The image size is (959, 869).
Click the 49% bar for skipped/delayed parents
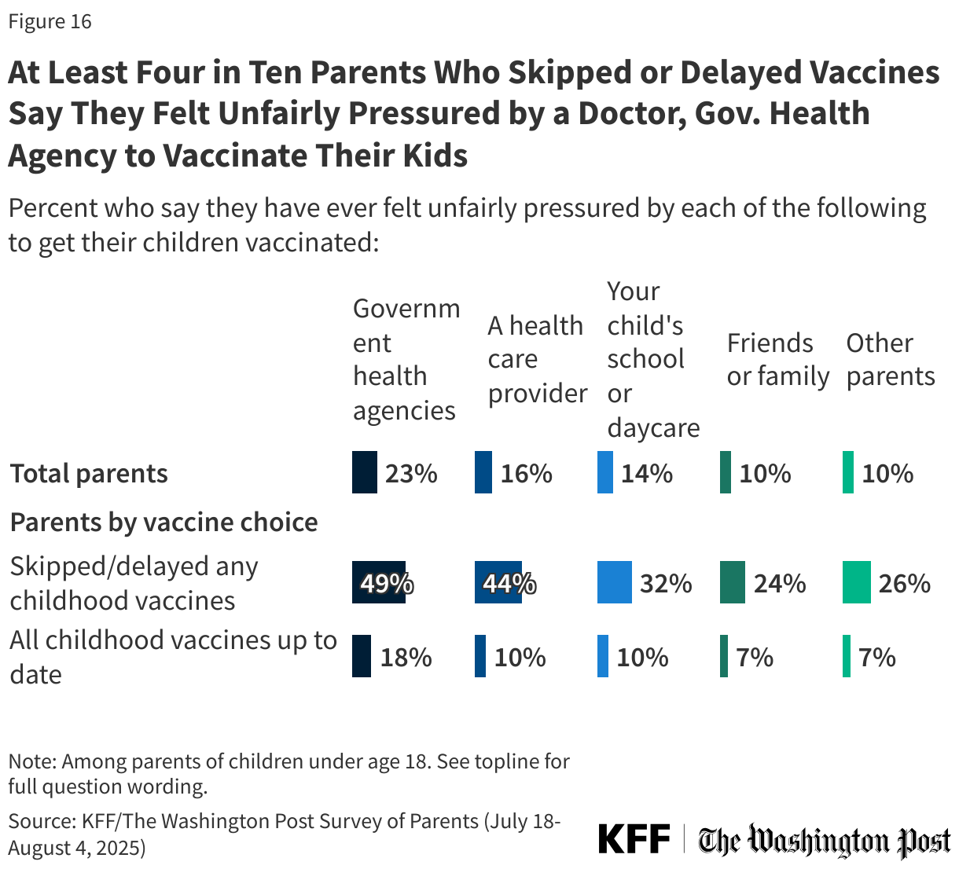pyautogui.click(x=379, y=583)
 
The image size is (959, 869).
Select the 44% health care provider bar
pyautogui.click(x=498, y=583)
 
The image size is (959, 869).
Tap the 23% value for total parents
pyautogui.click(x=411, y=473)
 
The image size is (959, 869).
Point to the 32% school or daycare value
pyautogui.click(x=666, y=583)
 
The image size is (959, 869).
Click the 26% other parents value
pyautogui.click(x=905, y=583)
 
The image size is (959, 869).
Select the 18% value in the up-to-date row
pyautogui.click(x=406, y=657)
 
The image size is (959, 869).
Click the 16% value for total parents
pyautogui.click(x=527, y=473)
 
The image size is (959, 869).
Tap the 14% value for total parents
pyautogui.click(x=647, y=473)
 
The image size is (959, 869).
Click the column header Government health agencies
pyautogui.click(x=406, y=359)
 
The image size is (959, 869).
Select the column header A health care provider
pyautogui.click(x=537, y=359)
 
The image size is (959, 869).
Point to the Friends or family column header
pyautogui.click(x=777, y=360)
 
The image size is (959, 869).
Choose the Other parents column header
pyautogui.click(x=891, y=360)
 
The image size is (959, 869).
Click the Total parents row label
pyautogui.click(x=89, y=474)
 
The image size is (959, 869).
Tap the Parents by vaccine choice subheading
pyautogui.click(x=164, y=522)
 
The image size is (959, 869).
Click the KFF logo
pyautogui.click(x=634, y=839)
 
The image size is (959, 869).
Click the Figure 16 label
pyautogui.click(x=50, y=21)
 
